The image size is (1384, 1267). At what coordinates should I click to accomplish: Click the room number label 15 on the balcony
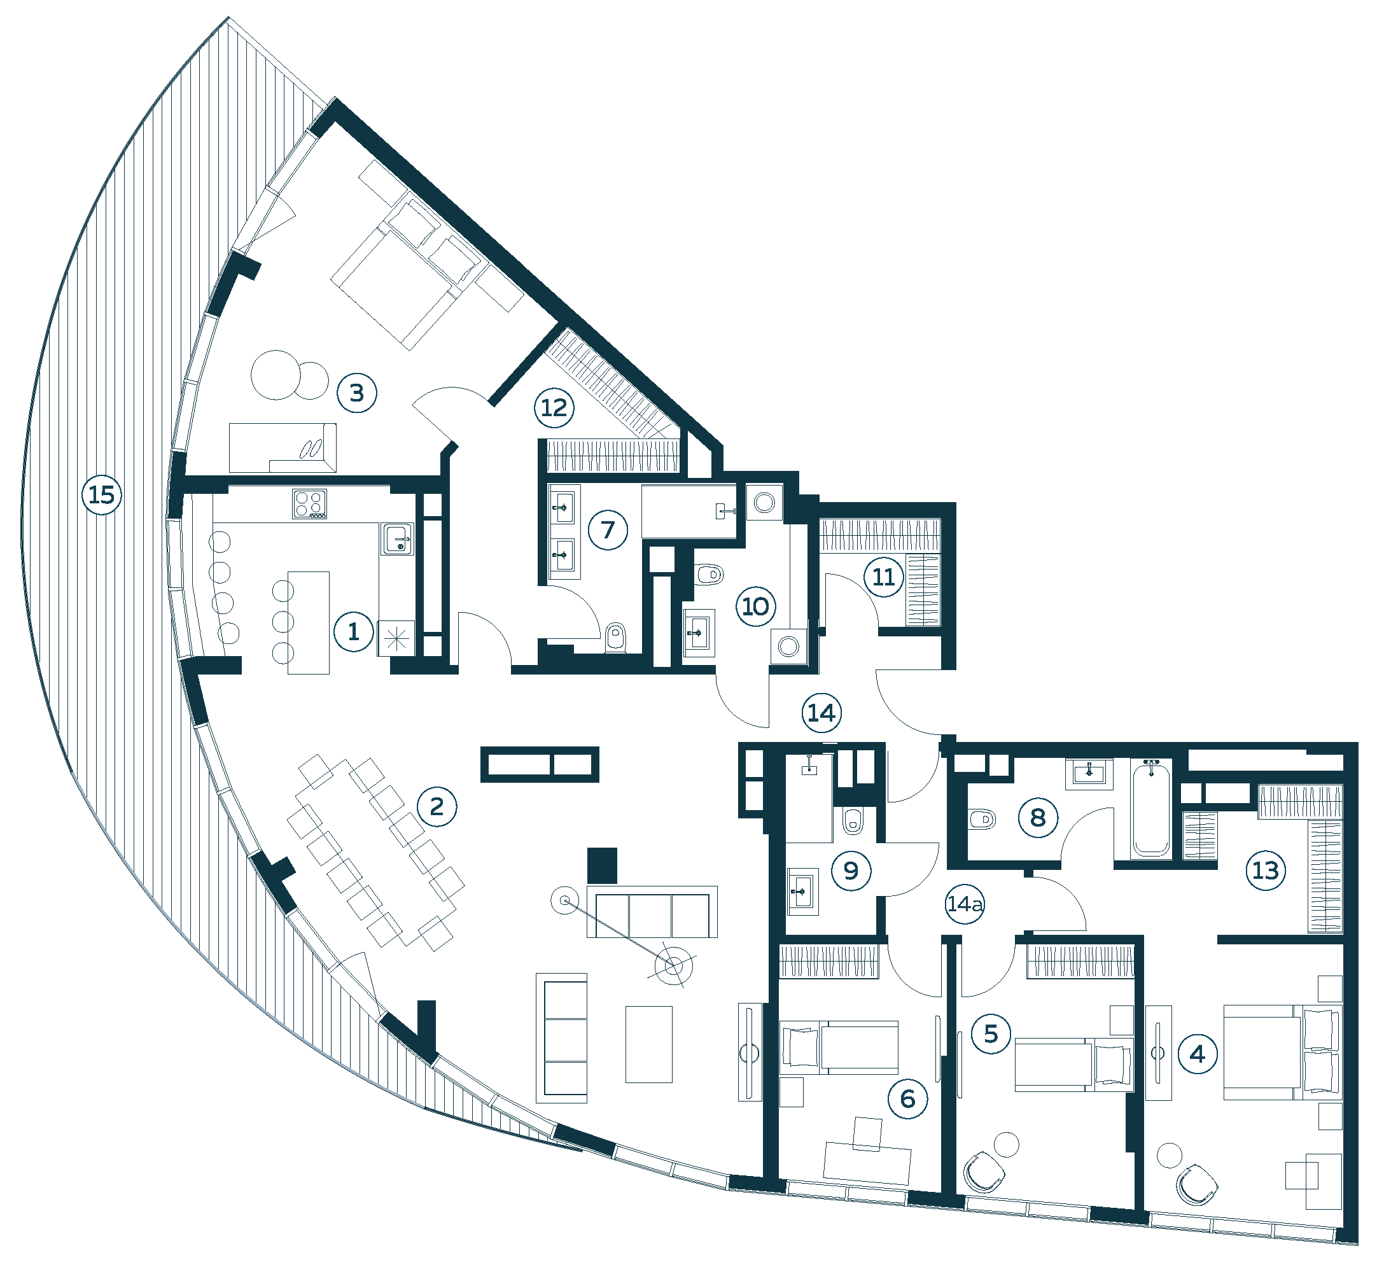click(x=102, y=495)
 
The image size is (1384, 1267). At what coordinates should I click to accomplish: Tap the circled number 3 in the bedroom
click(x=357, y=393)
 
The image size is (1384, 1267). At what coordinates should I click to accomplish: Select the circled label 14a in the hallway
click(x=965, y=904)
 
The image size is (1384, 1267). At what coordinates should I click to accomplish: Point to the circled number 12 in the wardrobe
click(x=554, y=408)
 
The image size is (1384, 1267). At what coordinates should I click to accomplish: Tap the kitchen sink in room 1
click(x=397, y=539)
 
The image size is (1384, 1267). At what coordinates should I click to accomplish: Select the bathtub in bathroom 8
click(x=1151, y=809)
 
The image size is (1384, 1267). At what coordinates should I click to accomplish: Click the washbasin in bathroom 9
click(x=802, y=892)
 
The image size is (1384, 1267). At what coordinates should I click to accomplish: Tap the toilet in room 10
click(x=709, y=573)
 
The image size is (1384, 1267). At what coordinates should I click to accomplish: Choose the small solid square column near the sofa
click(x=602, y=866)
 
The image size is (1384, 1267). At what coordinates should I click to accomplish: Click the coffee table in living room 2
click(x=649, y=1044)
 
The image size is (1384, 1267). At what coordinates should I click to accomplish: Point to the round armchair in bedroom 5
click(x=984, y=1173)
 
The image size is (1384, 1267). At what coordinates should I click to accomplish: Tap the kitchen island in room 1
click(x=308, y=623)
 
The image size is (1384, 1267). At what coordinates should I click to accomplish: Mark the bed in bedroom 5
click(x=1074, y=1065)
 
